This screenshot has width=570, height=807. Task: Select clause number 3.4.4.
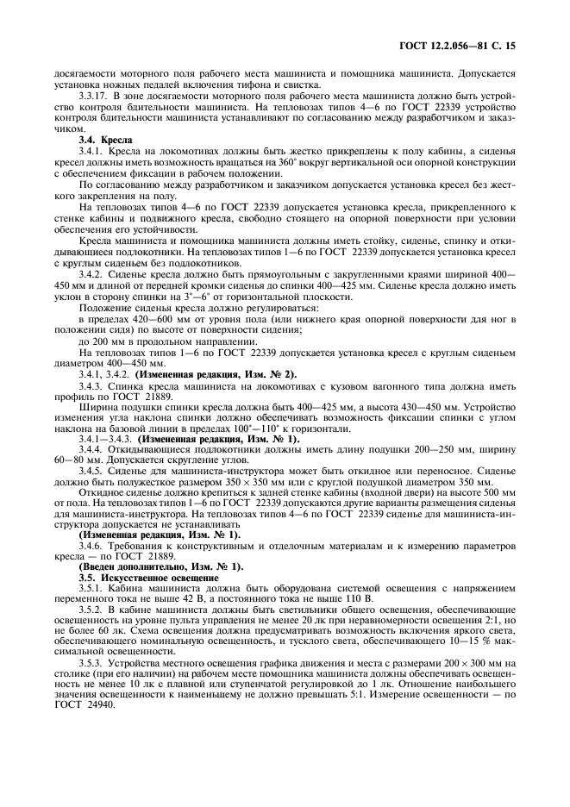(x=93, y=449)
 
